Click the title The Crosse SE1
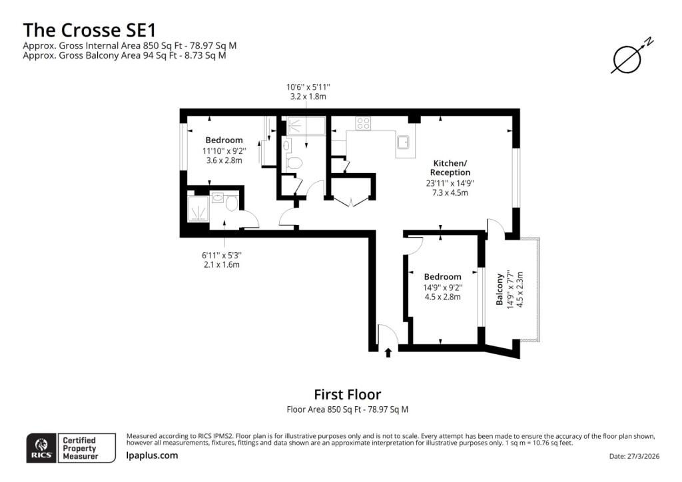click(89, 30)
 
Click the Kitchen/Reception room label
click(450, 168)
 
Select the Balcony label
click(500, 289)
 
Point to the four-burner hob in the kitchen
click(363, 123)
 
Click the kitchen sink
click(403, 142)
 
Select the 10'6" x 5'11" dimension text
click(308, 87)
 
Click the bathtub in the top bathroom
click(306, 126)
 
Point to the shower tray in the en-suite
click(198, 209)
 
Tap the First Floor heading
click(348, 394)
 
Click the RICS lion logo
click(41, 447)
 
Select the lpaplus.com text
click(152, 455)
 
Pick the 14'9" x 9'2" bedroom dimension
click(443, 288)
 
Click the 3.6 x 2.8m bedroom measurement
click(224, 160)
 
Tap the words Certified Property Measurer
click(80, 448)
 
